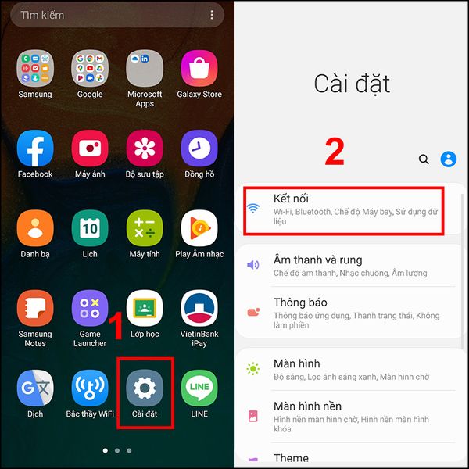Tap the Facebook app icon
[35, 148]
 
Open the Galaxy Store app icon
[199, 68]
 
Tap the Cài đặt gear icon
[145, 388]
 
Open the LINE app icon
[199, 388]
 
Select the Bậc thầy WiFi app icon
[90, 388]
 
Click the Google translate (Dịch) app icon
[35, 388]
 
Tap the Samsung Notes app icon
[35, 308]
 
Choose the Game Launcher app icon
[90, 308]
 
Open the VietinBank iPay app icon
[199, 308]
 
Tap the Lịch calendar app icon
[90, 228]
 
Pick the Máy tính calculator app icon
[145, 228]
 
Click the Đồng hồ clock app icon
[199, 148]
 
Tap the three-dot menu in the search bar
[212, 15]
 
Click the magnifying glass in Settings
[424, 159]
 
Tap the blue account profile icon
[449, 159]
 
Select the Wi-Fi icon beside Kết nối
[253, 208]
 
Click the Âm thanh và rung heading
[317, 260]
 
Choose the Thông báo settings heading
[300, 303]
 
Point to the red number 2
[335, 152]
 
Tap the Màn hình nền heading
[307, 406]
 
